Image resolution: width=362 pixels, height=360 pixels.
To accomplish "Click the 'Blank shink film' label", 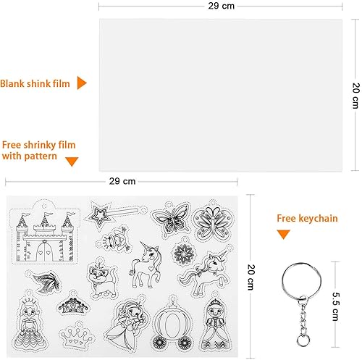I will tap(35, 83).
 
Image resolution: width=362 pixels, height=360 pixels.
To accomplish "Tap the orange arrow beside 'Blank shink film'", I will tap(82, 83).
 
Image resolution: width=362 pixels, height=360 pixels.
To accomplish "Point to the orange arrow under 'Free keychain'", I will tap(284, 234).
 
